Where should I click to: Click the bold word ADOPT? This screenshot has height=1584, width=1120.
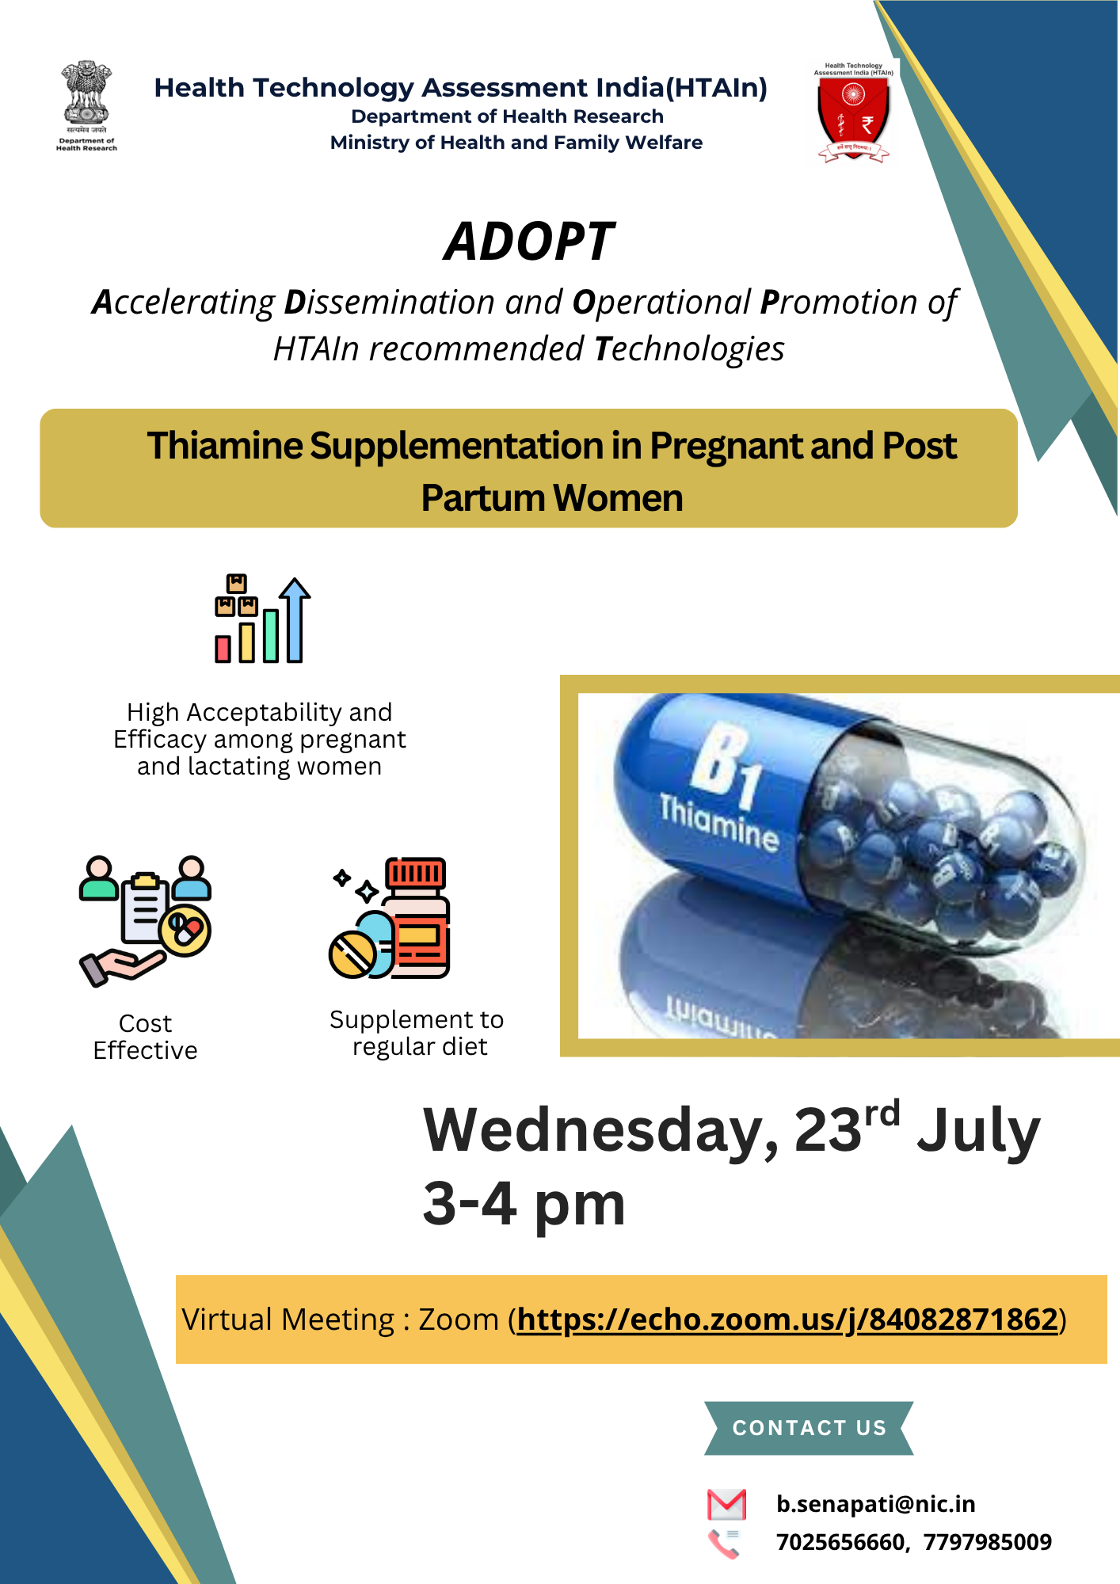point(529,242)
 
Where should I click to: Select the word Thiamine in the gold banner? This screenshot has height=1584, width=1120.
point(224,446)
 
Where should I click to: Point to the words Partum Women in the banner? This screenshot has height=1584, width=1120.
point(552,498)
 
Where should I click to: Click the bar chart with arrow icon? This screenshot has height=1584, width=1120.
point(262,619)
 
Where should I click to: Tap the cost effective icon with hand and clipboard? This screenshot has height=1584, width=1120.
point(145,921)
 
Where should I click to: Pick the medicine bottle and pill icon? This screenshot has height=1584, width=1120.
point(389,918)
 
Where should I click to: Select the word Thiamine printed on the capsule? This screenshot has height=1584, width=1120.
point(719,822)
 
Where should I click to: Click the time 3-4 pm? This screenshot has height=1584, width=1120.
point(524,1204)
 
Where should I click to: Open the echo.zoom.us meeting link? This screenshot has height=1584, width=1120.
point(788,1319)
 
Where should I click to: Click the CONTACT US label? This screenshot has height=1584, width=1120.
point(810,1428)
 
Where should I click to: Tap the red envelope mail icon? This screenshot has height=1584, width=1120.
point(726,1504)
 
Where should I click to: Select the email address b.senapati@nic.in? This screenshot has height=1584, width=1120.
point(876,1504)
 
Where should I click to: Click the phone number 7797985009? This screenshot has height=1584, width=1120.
point(988,1542)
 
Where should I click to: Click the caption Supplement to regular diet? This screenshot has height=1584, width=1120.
point(417,1033)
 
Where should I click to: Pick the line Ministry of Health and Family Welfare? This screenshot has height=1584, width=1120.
point(516,143)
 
